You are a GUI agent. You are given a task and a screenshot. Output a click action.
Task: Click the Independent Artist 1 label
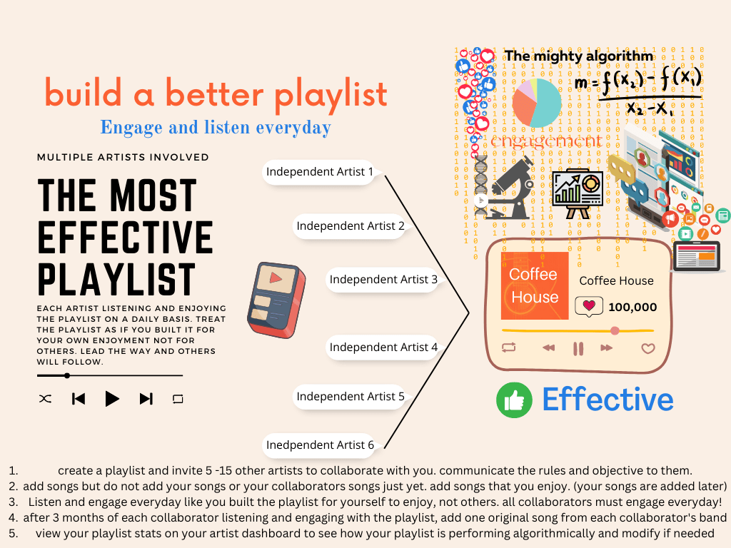coord(320,172)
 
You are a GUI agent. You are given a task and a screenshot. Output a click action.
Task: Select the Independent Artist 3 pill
coord(383,280)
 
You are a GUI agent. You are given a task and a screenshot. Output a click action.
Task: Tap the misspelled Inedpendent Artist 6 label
coord(320,445)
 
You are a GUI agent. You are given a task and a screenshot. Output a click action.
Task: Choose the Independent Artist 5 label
coord(351,397)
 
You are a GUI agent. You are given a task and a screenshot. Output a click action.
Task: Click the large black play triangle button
coord(112,399)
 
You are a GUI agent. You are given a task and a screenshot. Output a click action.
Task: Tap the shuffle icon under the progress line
coord(45,399)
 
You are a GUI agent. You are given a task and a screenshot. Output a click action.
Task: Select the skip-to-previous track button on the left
coord(79,399)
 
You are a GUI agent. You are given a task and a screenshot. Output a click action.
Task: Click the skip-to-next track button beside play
coord(146,399)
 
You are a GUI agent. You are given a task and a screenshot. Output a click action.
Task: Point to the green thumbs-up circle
coord(514,400)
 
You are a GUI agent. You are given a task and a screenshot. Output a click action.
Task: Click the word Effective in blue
coord(608,400)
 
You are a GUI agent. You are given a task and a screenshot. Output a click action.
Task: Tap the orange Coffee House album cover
coord(535,285)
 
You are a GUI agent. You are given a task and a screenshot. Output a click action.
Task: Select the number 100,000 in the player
coord(632,308)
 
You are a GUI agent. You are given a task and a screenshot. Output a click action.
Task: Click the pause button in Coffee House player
coord(578,348)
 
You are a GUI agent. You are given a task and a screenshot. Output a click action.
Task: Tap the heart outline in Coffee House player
coord(647,348)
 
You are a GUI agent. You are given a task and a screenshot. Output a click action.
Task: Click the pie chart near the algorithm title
coord(536,101)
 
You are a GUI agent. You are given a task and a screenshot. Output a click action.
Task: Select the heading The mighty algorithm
coord(578,56)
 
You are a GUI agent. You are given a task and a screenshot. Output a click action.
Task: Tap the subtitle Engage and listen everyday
coord(216,128)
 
